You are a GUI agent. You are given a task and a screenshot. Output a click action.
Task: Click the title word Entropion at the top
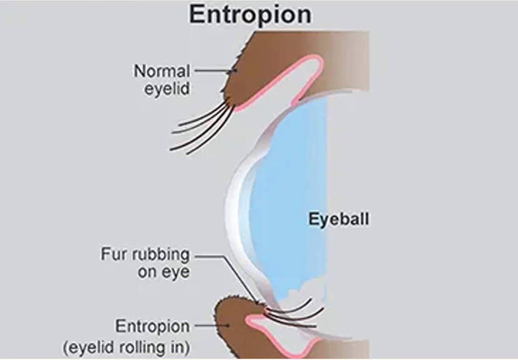point(250,15)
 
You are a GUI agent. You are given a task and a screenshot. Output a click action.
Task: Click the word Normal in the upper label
point(162,71)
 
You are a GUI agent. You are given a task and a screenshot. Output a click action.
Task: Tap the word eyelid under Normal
point(167,88)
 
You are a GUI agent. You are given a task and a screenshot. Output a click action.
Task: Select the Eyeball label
point(339,219)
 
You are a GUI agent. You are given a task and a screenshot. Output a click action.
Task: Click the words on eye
point(163,272)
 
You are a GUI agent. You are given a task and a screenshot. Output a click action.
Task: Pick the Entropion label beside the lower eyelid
point(152,326)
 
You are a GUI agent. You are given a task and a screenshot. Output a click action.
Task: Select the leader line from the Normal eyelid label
point(213,71)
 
